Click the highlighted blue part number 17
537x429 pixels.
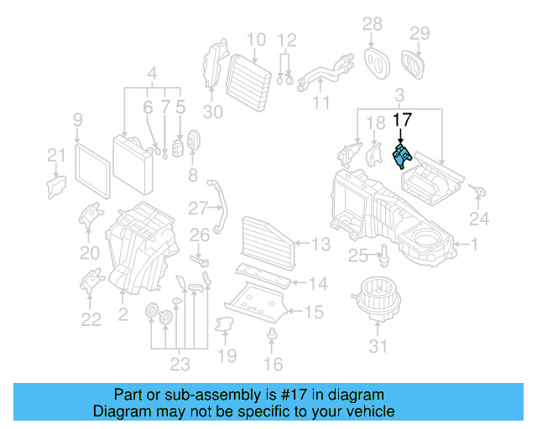point(403,156)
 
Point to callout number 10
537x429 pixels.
point(256,39)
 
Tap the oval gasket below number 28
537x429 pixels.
point(373,59)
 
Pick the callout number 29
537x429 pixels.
point(419,33)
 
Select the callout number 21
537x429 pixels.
point(55,155)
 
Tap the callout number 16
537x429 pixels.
point(273,364)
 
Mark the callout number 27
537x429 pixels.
point(197,208)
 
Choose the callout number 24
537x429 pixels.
point(478,220)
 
